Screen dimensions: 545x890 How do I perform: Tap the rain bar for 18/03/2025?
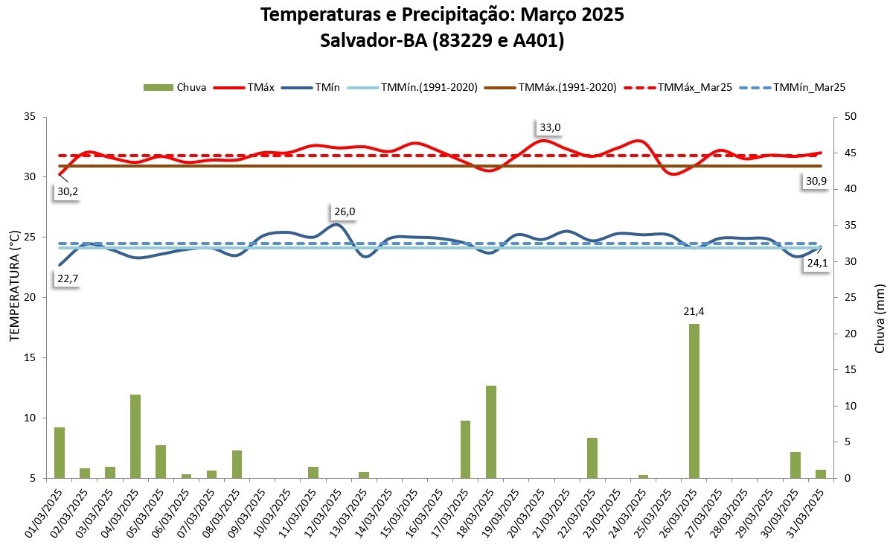click(x=491, y=432)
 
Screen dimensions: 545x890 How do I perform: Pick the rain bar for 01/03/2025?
click(x=60, y=453)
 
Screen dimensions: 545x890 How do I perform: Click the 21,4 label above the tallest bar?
click(x=694, y=312)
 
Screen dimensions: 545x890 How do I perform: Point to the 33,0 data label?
click(x=550, y=127)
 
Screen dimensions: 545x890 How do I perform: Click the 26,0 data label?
click(x=343, y=211)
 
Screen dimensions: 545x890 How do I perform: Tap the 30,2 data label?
click(x=67, y=191)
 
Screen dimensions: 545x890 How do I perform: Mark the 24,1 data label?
click(x=817, y=262)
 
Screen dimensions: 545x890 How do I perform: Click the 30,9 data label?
click(x=816, y=181)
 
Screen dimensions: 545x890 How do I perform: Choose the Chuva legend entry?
click(x=176, y=87)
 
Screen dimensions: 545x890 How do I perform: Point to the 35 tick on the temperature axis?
click(x=30, y=117)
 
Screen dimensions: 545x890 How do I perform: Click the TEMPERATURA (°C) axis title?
click(x=14, y=296)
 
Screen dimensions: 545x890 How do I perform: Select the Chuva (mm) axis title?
click(x=880, y=318)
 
